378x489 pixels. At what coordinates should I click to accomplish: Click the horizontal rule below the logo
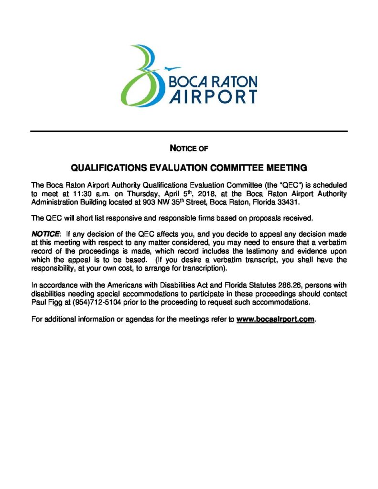pos(189,131)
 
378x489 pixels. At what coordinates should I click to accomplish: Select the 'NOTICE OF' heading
pos(189,149)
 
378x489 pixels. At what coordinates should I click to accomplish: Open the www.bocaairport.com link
pos(276,319)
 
